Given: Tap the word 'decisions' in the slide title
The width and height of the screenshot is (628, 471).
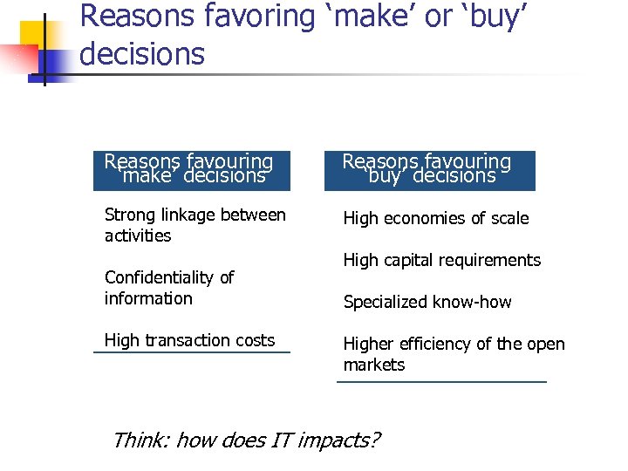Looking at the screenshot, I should [141, 54].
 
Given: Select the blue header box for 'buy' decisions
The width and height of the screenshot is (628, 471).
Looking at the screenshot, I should [429, 170].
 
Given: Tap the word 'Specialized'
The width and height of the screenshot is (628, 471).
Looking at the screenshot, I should [385, 303].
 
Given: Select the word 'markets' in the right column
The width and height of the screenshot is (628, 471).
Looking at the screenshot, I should [374, 365].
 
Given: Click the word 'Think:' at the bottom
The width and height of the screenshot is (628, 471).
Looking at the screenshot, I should [140, 440].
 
